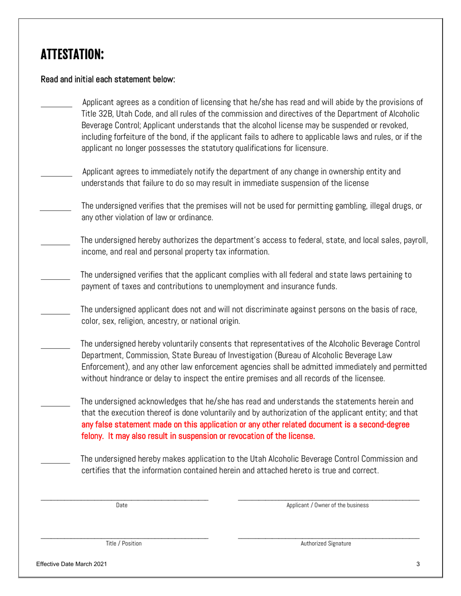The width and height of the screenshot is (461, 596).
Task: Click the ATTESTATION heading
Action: tap(72, 54)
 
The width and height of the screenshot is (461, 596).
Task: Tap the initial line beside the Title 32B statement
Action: tap(56, 106)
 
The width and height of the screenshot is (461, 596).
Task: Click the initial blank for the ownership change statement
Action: tap(56, 175)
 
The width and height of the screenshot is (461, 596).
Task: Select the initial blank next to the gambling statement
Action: tap(55, 209)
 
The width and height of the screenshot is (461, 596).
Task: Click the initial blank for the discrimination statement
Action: tap(55, 313)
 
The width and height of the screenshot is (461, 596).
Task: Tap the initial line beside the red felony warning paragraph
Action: tap(55, 405)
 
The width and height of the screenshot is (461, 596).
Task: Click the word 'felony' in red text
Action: tap(92, 436)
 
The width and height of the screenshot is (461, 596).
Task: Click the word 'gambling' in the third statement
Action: tap(350, 206)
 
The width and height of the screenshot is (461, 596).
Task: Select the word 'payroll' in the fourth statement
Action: tap(412, 241)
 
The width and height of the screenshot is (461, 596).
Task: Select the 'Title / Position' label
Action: tap(124, 544)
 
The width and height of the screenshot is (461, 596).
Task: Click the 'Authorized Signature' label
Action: tap(326, 544)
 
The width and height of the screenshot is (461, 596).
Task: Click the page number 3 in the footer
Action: tap(418, 564)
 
